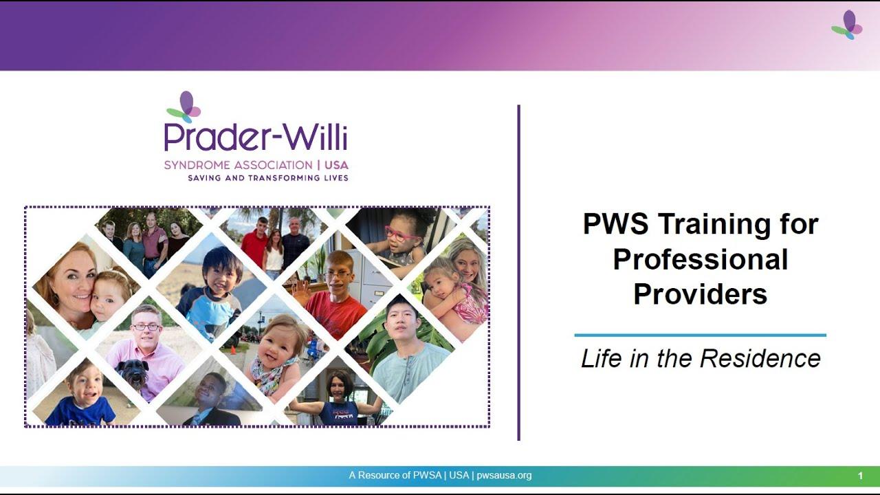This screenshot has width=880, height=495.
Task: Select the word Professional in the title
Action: tap(701, 259)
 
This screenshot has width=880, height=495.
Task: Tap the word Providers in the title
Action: tap(700, 294)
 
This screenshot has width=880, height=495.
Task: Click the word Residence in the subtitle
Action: tap(760, 358)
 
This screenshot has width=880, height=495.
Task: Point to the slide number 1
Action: tap(860, 476)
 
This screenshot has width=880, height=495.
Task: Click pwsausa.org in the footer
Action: tap(504, 475)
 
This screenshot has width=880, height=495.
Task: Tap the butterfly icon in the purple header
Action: tap(847, 25)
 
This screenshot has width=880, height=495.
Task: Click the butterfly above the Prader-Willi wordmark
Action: tap(184, 107)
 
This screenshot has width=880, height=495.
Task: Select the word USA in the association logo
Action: tap(336, 165)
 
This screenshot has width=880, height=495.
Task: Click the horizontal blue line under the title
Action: tap(700, 335)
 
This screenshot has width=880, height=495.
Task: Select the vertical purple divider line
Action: tap(518, 273)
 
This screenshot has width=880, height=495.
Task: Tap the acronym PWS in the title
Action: tap(615, 223)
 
